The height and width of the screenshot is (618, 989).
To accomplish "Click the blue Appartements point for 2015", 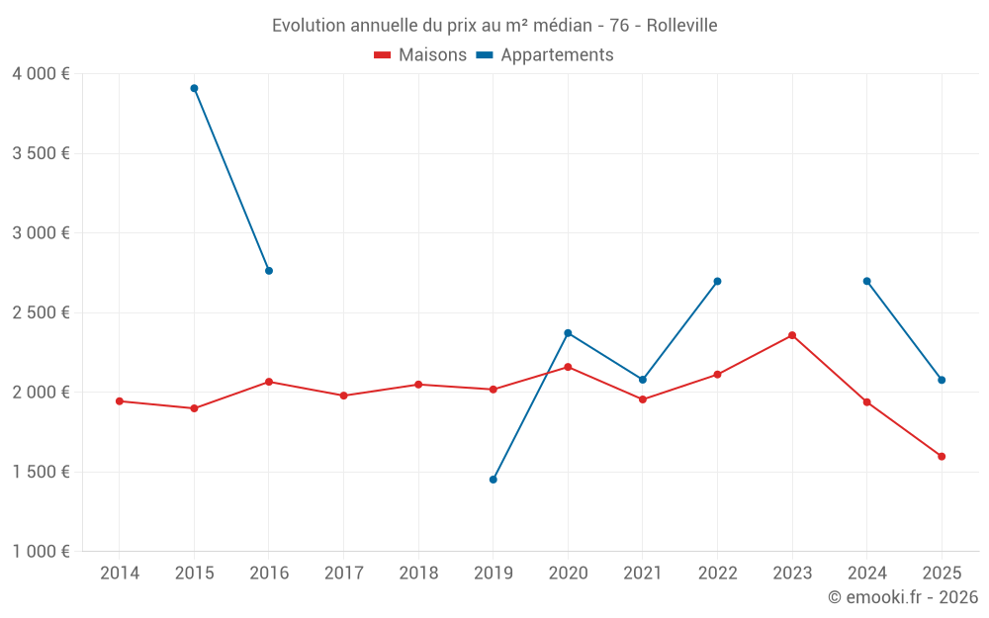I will (x=194, y=88).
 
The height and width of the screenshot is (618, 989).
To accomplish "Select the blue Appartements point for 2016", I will (x=269, y=271).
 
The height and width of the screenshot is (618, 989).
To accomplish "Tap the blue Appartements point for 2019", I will (x=494, y=480).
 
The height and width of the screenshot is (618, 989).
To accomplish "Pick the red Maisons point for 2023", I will (x=792, y=335).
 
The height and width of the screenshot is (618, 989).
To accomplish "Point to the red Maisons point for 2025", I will (x=942, y=457).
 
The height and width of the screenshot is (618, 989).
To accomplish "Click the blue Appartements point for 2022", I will (x=717, y=281).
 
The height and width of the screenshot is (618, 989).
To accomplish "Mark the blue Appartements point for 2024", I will (x=867, y=281).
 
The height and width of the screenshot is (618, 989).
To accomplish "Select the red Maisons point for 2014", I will (x=120, y=401).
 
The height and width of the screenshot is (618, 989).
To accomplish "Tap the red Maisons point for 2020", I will (x=568, y=367).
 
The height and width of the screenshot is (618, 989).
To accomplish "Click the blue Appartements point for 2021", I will (x=643, y=380).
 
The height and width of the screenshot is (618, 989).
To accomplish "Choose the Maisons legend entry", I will (x=420, y=55).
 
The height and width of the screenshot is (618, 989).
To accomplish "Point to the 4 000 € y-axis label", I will (x=41, y=74).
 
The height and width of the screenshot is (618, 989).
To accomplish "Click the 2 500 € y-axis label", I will (x=41, y=312).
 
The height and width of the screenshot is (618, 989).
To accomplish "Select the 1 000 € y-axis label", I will (x=41, y=552).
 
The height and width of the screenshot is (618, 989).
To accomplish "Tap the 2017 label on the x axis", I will (x=343, y=574).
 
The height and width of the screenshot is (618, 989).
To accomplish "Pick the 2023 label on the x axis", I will (x=792, y=574).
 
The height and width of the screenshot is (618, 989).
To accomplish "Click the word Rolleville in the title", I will (x=681, y=25).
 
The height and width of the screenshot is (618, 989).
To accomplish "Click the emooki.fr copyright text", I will (x=903, y=597).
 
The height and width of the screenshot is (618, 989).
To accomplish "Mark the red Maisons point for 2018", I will (x=418, y=385).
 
